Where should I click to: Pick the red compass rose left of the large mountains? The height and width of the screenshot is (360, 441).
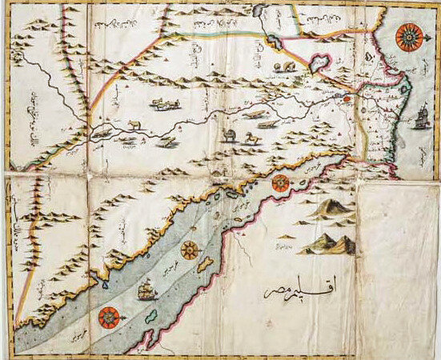(280, 183)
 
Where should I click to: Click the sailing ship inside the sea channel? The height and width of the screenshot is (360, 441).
(146, 290)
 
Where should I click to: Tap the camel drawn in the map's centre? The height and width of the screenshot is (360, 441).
(231, 135)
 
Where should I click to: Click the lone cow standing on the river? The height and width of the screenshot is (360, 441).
(133, 124)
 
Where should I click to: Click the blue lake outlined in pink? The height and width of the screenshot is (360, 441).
(320, 62)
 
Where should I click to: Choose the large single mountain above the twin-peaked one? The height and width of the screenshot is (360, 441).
(329, 209)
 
